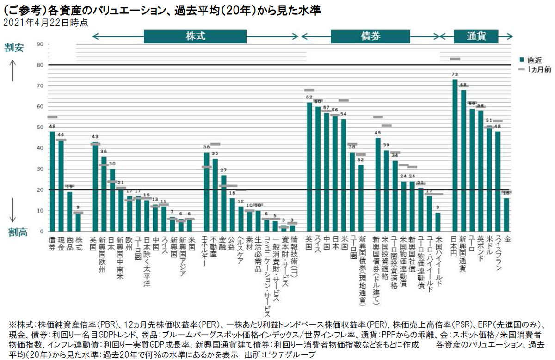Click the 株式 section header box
coord(195,36)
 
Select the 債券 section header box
coord(370,36)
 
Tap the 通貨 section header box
coord(476,36)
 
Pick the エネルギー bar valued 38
coord(207,192)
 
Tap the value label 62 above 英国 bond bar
coord(309,98)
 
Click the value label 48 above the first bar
coord(52,127)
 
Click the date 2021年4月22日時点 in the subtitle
coord(45,22)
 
